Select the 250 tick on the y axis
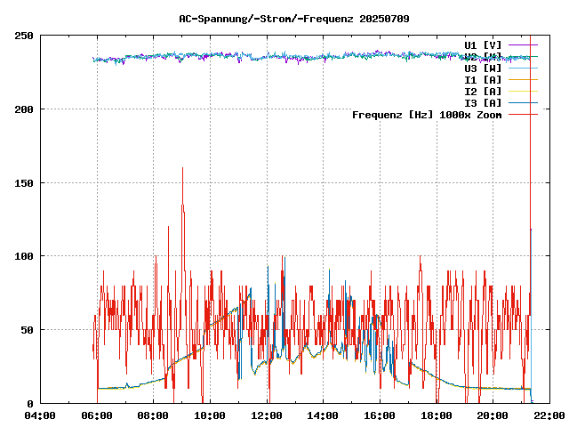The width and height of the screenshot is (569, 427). coord(24,36)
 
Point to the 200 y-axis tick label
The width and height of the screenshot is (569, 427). coord(24,109)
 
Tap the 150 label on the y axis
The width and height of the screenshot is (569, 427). coord(24,182)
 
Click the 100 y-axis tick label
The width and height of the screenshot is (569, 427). coord(24,256)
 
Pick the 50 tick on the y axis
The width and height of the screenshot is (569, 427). coord(27,330)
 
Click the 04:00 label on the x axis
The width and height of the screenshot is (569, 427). coord(40,415)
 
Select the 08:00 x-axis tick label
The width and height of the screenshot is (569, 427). coord(154,415)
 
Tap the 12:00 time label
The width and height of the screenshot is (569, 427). coord(267,415)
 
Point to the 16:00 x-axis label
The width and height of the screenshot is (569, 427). coord(380,415)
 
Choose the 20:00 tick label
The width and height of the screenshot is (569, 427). coord(493,415)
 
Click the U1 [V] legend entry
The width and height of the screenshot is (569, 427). coord(483,44)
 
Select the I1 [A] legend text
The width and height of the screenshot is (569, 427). coord(483,79)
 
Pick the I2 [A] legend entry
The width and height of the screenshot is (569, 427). coord(483,91)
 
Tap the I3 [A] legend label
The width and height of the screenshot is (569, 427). coord(483,102)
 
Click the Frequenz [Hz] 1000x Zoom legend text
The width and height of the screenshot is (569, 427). coord(427,115)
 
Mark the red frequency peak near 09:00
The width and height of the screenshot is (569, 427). coord(182,168)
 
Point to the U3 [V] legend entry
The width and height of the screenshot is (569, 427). coord(483,68)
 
